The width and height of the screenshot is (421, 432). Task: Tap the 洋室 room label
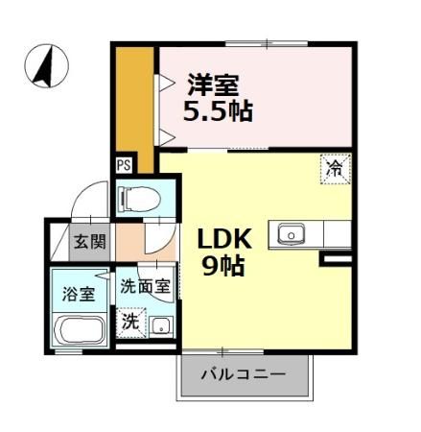pos(212,84)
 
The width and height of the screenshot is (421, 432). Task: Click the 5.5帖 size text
pos(220,110)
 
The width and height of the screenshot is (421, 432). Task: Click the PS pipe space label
pos(124,164)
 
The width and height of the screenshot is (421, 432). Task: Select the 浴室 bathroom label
pos(79,294)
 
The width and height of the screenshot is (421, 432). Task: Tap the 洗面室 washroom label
pos(145,286)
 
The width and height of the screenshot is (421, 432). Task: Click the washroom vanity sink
pos(160,324)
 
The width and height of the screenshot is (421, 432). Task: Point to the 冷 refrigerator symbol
pos(335,167)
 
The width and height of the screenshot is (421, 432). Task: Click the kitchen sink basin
pos(291,232)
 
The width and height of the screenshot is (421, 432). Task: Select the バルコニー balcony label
pos(243,373)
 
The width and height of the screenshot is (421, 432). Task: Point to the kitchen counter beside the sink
pos(337,232)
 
